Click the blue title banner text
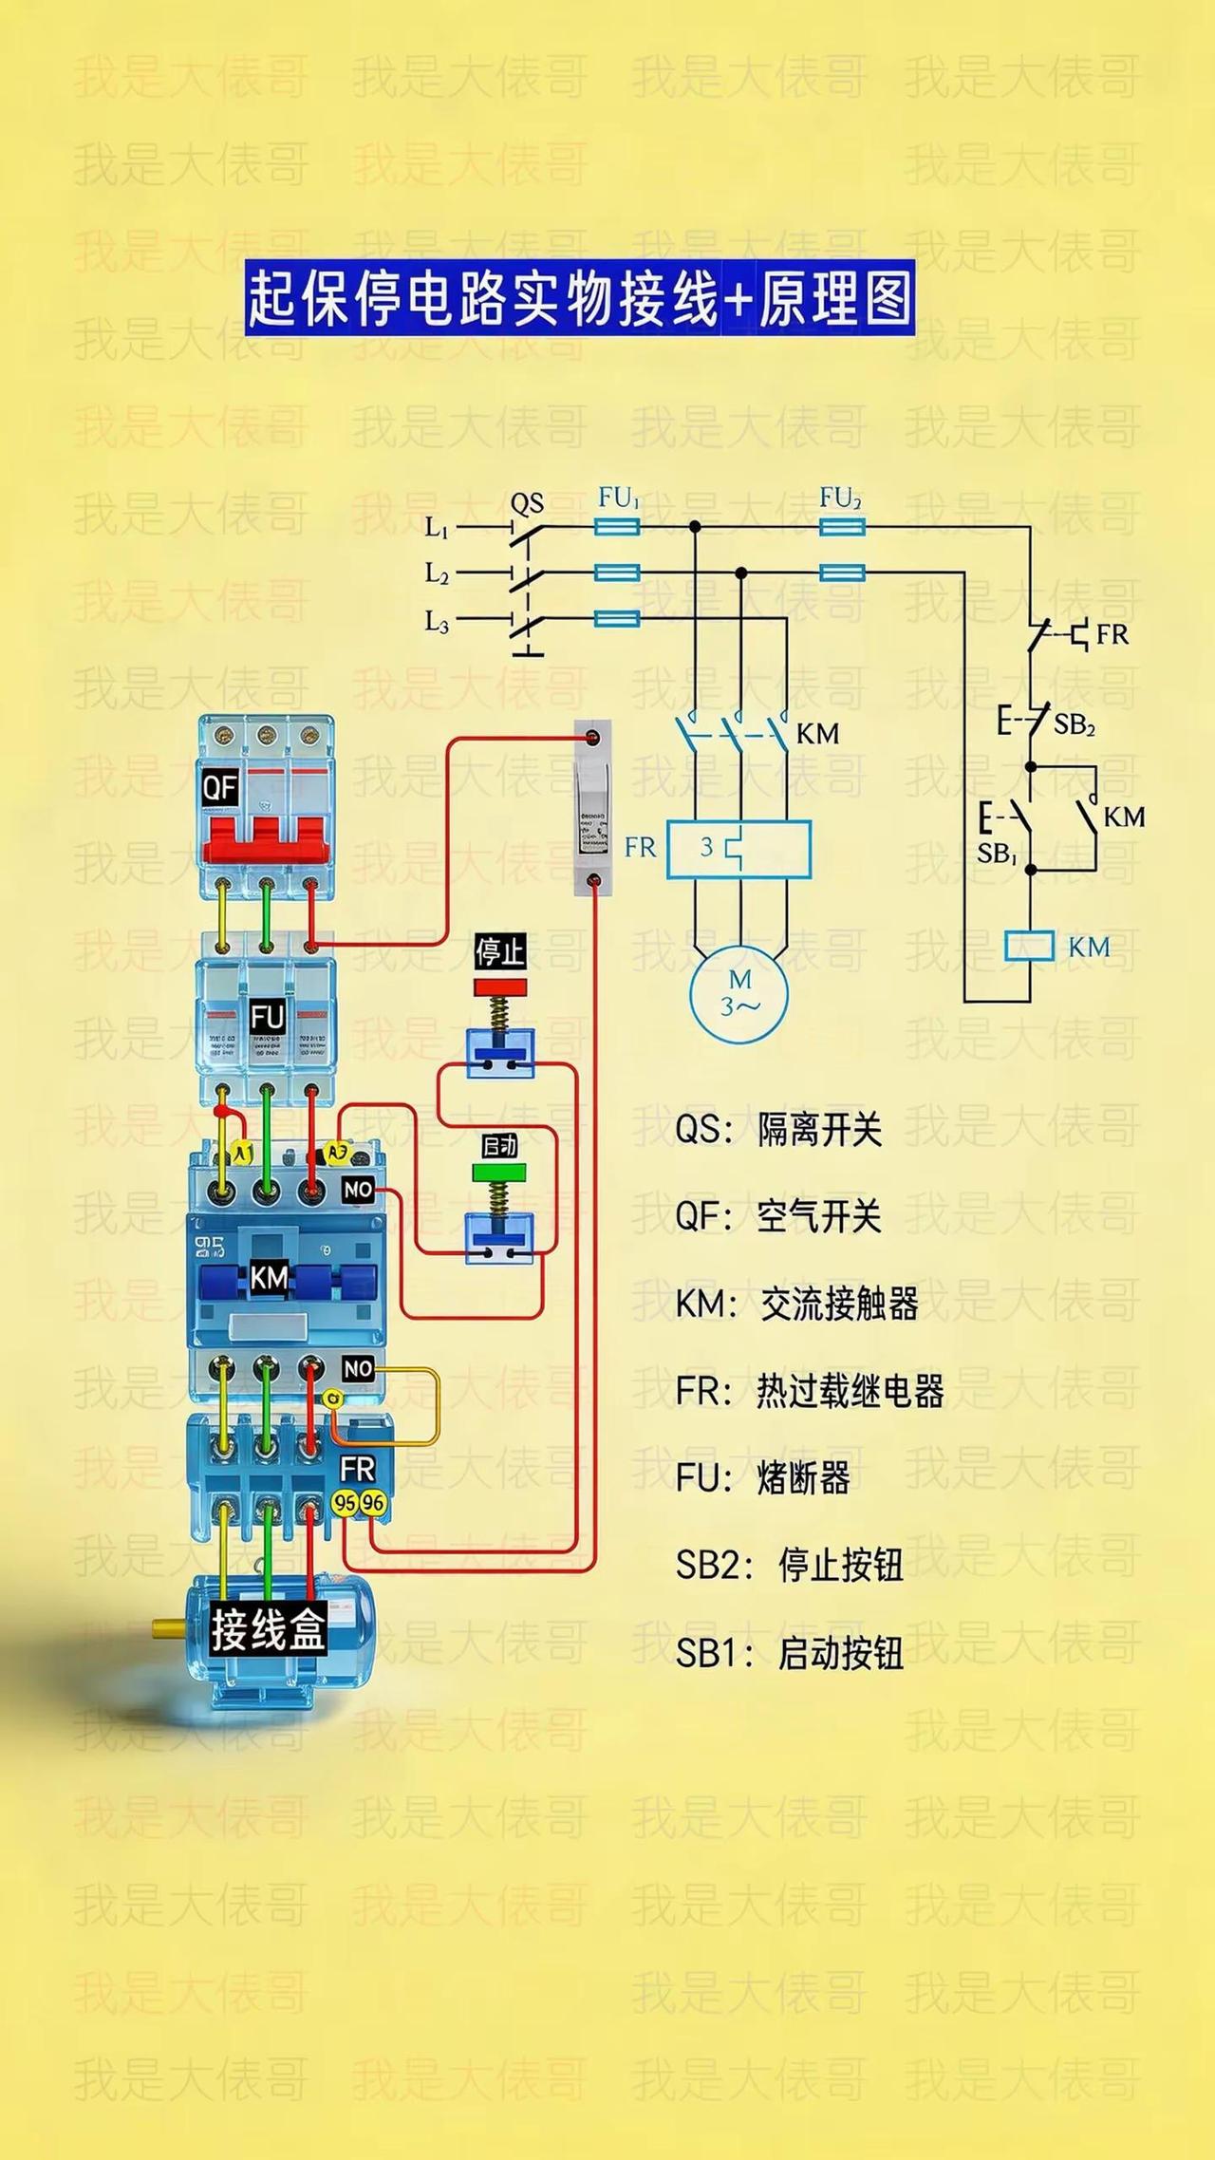pyautogui.click(x=579, y=298)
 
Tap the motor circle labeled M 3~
pyautogui.click(x=739, y=993)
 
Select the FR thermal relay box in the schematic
pyautogui.click(x=738, y=848)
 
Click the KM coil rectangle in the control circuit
pyautogui.click(x=1030, y=946)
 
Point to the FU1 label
pyautogui.click(x=619, y=498)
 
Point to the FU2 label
pyautogui.click(x=840, y=498)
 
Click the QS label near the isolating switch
pyautogui.click(x=527, y=502)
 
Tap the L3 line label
pyautogui.click(x=437, y=622)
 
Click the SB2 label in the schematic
pyautogui.click(x=1075, y=724)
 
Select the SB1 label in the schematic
pyautogui.click(x=997, y=854)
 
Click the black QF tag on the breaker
pyautogui.click(x=219, y=787)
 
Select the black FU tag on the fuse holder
pyautogui.click(x=268, y=1018)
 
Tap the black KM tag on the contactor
pyautogui.click(x=269, y=1278)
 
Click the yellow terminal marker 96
pyautogui.click(x=373, y=1503)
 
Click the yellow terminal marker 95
pyautogui.click(x=346, y=1503)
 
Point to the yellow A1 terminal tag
pyautogui.click(x=242, y=1153)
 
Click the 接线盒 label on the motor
pyautogui.click(x=269, y=1629)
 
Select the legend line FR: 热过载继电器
pyautogui.click(x=810, y=1392)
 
